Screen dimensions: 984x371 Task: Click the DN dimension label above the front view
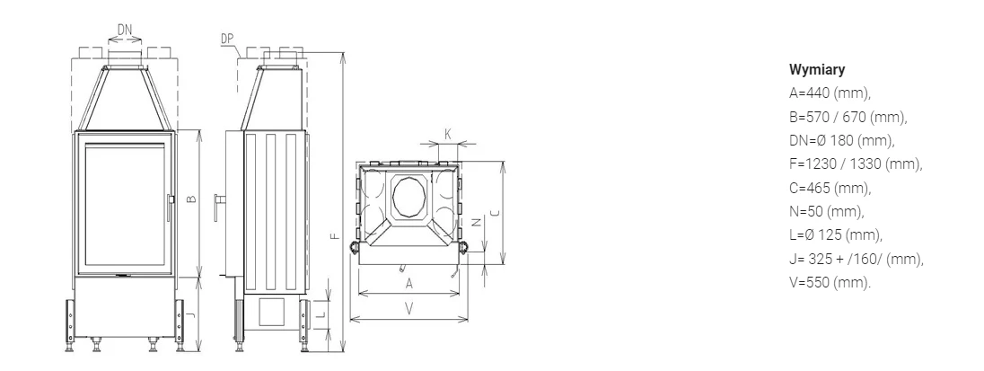click(x=125, y=31)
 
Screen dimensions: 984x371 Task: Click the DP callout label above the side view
click(x=227, y=39)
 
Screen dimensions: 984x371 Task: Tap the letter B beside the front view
click(x=192, y=199)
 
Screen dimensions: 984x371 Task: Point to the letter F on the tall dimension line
click(x=335, y=236)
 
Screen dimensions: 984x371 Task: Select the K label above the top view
click(x=448, y=135)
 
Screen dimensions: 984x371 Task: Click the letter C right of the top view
click(x=495, y=213)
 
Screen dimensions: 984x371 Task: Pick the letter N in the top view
click(x=476, y=222)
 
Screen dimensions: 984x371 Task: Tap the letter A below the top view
click(x=409, y=284)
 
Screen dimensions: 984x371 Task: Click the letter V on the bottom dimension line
click(x=409, y=309)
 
